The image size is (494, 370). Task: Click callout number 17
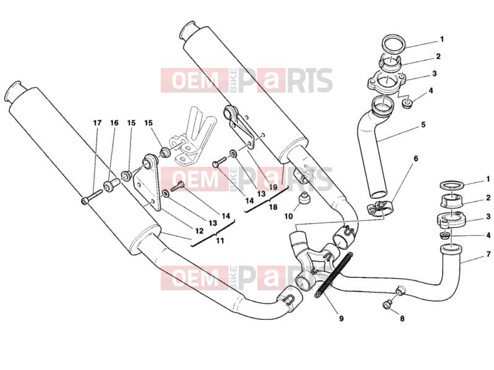pyautogui.click(x=97, y=122)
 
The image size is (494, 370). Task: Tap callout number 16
pyautogui.click(x=114, y=122)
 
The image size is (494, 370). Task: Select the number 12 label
pyautogui.click(x=199, y=231)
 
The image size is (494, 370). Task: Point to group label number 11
pyautogui.click(x=220, y=241)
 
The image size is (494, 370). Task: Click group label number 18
pyautogui.click(x=273, y=207)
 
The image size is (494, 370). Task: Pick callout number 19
pyautogui.click(x=273, y=187)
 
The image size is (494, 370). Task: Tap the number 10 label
pyautogui.click(x=289, y=216)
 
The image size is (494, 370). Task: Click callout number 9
pyautogui.click(x=341, y=319)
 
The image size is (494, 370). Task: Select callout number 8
pyautogui.click(x=402, y=319)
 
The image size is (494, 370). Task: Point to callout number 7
pyautogui.click(x=488, y=254)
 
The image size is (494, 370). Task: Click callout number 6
pyautogui.click(x=415, y=159)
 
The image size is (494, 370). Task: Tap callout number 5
pyautogui.click(x=423, y=125)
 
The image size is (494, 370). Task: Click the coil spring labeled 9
pyautogui.click(x=333, y=275)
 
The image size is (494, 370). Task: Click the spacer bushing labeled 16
pyautogui.click(x=111, y=186)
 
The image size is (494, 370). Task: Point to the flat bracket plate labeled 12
pyautogui.click(x=147, y=182)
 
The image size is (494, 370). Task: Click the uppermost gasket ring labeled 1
pyautogui.click(x=393, y=44)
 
